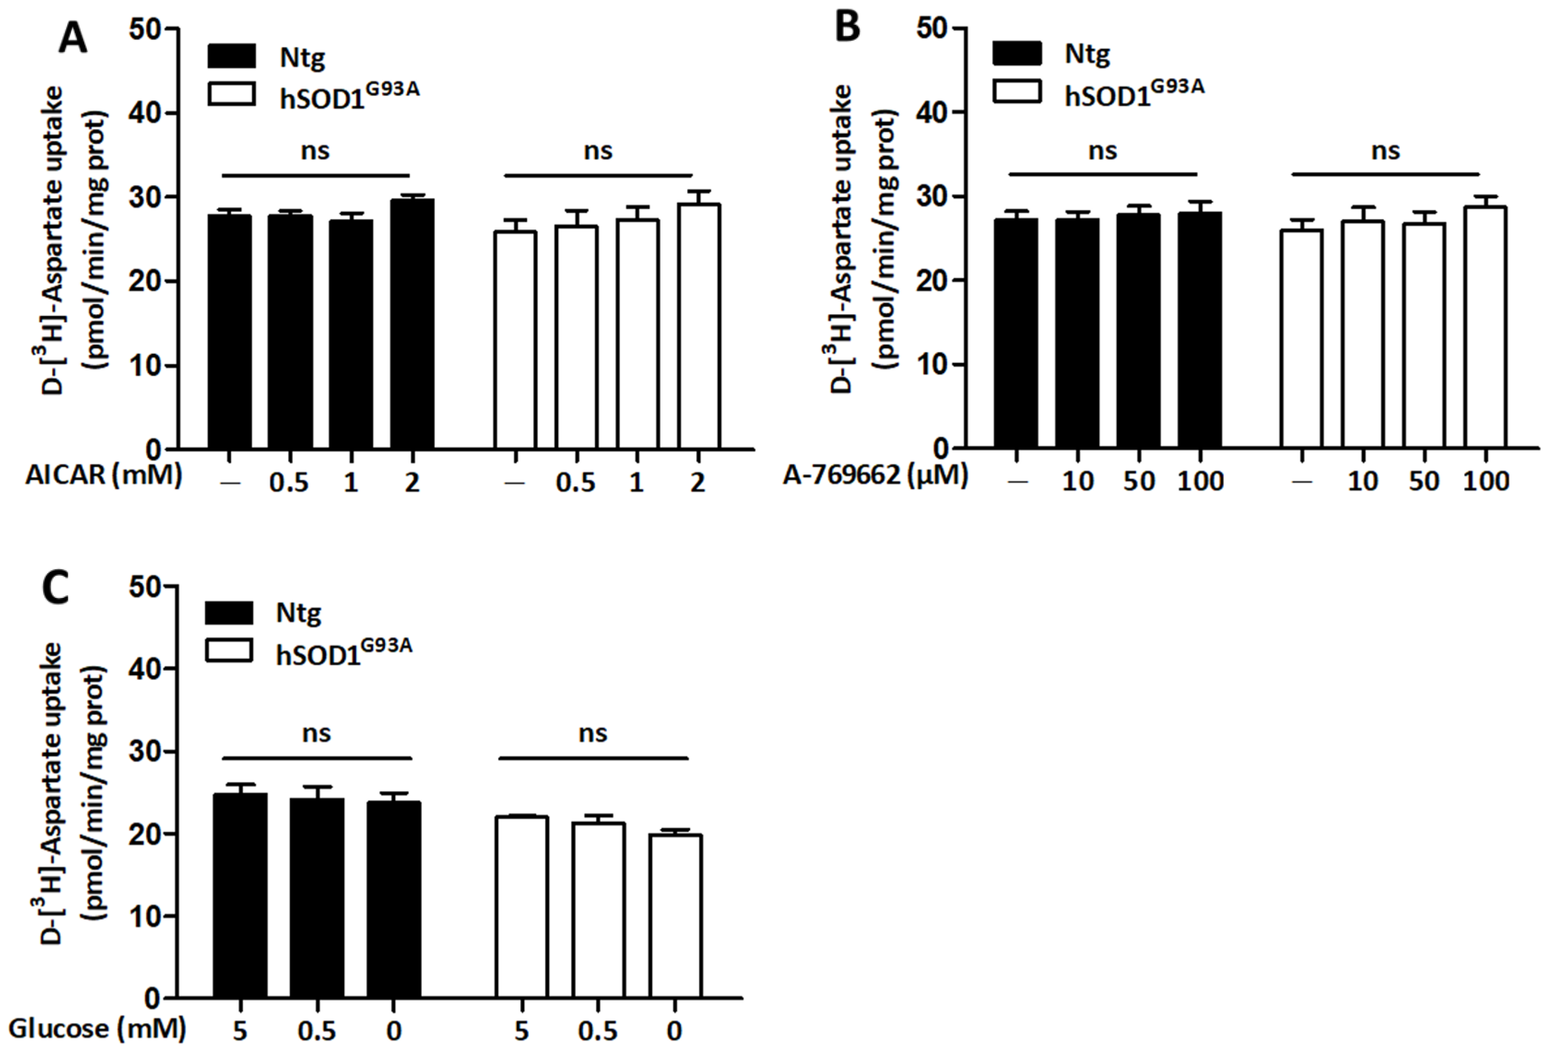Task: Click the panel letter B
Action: coord(848,28)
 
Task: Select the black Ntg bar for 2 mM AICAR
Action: coord(412,324)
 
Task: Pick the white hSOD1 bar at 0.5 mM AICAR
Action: coord(576,337)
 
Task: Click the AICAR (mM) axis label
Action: coord(104,475)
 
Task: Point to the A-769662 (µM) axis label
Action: coord(875,475)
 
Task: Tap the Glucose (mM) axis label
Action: coord(97,1029)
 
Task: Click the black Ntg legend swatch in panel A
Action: coord(231,57)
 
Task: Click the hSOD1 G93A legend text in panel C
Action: coord(343,652)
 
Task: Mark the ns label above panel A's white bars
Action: coord(598,151)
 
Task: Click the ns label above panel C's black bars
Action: coord(316,733)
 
